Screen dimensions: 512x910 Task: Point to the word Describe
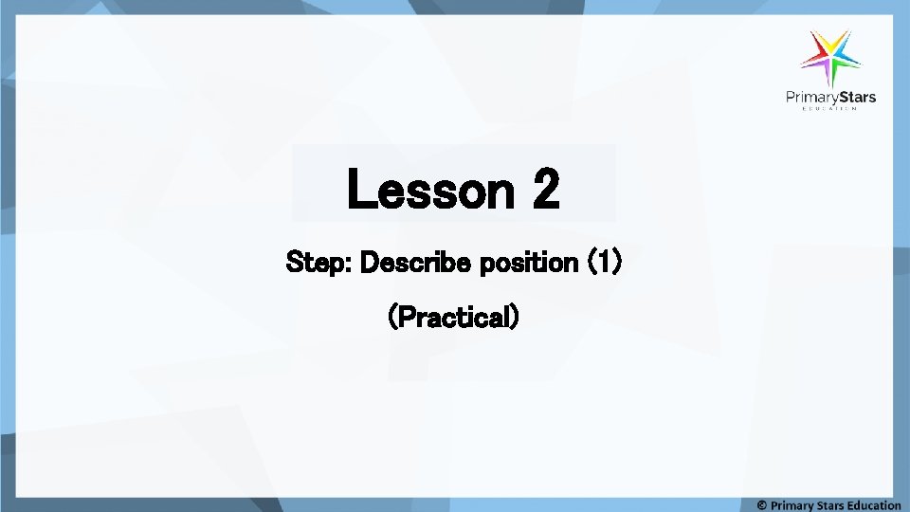417,263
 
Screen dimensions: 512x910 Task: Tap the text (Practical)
454,317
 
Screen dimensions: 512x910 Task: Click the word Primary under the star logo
813,97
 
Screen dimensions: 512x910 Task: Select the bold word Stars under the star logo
858,97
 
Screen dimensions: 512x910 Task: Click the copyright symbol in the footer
762,505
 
